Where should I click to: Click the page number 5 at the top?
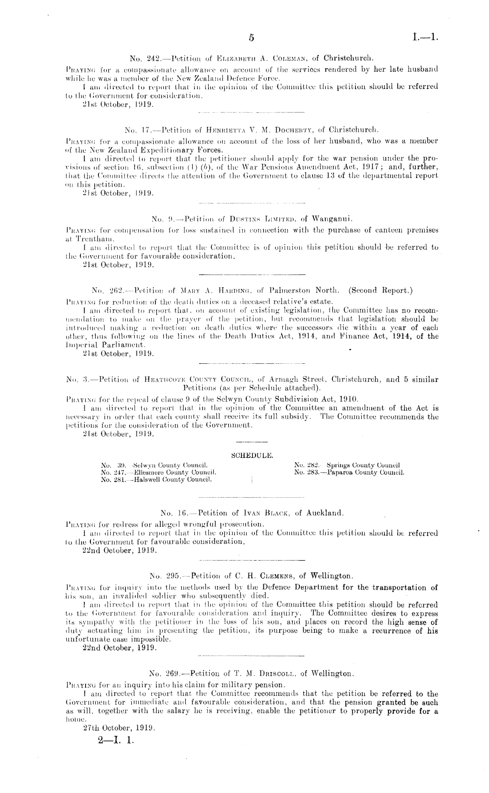point(251,38)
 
